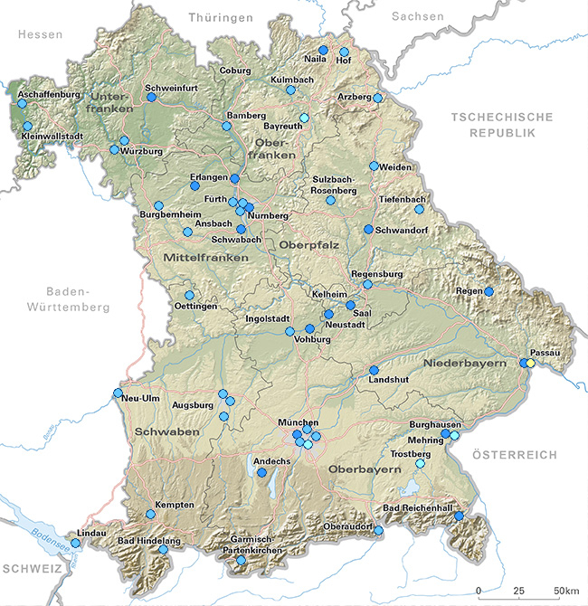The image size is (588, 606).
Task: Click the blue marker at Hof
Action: (x=344, y=52)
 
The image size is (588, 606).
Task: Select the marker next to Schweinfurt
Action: (x=151, y=97)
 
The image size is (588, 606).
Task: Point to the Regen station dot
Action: (x=488, y=291)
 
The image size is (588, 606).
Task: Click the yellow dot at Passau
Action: (x=531, y=363)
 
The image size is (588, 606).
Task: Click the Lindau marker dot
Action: (x=76, y=544)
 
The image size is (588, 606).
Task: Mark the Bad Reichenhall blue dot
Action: (x=459, y=516)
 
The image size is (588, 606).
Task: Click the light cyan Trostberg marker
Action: (x=419, y=464)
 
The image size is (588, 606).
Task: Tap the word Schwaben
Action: (x=166, y=433)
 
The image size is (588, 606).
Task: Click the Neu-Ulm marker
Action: (x=118, y=393)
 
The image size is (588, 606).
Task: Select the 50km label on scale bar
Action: (x=567, y=591)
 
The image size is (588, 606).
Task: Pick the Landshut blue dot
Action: (x=374, y=370)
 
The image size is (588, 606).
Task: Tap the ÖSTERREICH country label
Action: (x=515, y=455)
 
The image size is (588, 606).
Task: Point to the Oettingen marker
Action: (x=189, y=295)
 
